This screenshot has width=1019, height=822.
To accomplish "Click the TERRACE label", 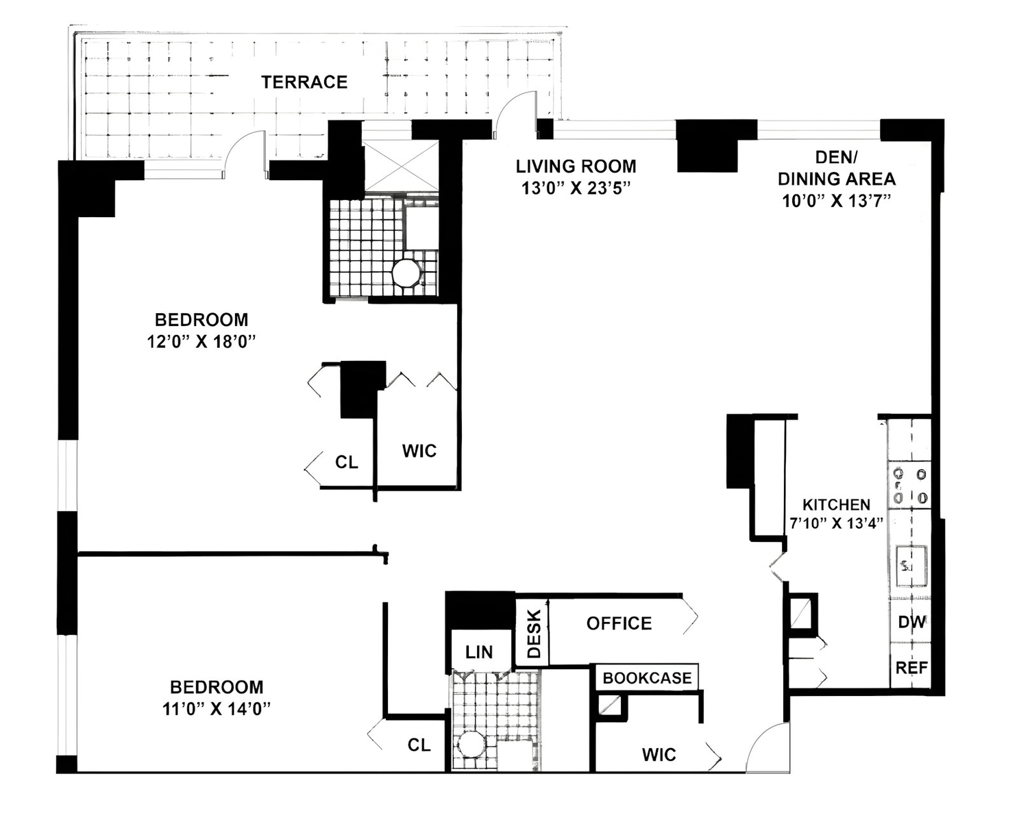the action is (x=304, y=82).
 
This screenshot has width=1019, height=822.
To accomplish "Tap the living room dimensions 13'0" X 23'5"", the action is (x=576, y=188).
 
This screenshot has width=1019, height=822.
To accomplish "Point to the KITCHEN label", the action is (x=836, y=504).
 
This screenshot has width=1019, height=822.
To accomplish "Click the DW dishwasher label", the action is (x=911, y=622).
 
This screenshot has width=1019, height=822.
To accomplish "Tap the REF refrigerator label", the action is (x=911, y=668).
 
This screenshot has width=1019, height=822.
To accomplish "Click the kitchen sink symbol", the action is (x=911, y=566).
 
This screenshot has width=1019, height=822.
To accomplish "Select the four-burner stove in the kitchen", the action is (x=909, y=486).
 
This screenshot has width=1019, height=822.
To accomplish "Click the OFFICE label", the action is (x=619, y=623).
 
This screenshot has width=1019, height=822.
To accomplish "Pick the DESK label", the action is (x=534, y=634).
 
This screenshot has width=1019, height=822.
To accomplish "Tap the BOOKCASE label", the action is (x=647, y=678).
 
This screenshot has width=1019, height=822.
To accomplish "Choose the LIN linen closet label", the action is (x=479, y=653).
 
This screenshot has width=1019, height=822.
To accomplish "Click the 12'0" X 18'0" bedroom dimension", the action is (x=201, y=341).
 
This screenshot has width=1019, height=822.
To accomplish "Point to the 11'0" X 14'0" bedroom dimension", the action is (x=217, y=709).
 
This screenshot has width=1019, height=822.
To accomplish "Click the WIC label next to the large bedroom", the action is (x=419, y=451).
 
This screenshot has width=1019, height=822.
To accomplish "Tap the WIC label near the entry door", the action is (x=659, y=755).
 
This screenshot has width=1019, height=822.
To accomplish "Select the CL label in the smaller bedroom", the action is (x=419, y=745).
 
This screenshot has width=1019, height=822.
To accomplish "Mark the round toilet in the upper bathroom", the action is (x=406, y=272).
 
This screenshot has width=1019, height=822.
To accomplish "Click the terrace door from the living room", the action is (x=516, y=114).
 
